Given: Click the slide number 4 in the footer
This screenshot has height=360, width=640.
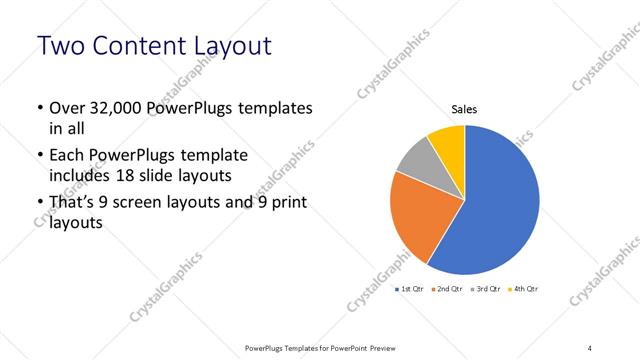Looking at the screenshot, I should pyautogui.click(x=589, y=347).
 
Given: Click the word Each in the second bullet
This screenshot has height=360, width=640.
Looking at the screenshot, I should pyautogui.click(x=66, y=156).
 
